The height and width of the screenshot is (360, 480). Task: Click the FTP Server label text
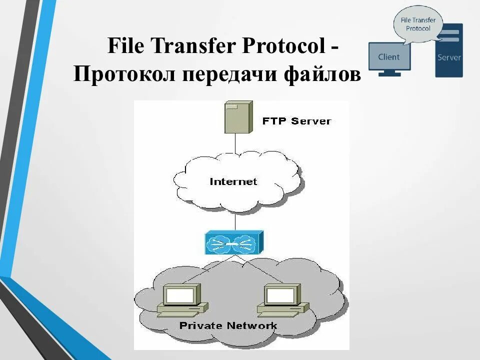pyautogui.click(x=296, y=121)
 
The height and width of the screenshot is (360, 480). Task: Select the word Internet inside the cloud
pyautogui.click(x=233, y=181)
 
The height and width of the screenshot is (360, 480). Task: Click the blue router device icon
pyautogui.click(x=234, y=242)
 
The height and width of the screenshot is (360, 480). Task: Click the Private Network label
pyautogui.click(x=228, y=326)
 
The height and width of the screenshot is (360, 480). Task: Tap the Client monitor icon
pyautogui.click(x=389, y=58)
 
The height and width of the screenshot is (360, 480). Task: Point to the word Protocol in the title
pyautogui.click(x=283, y=47)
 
